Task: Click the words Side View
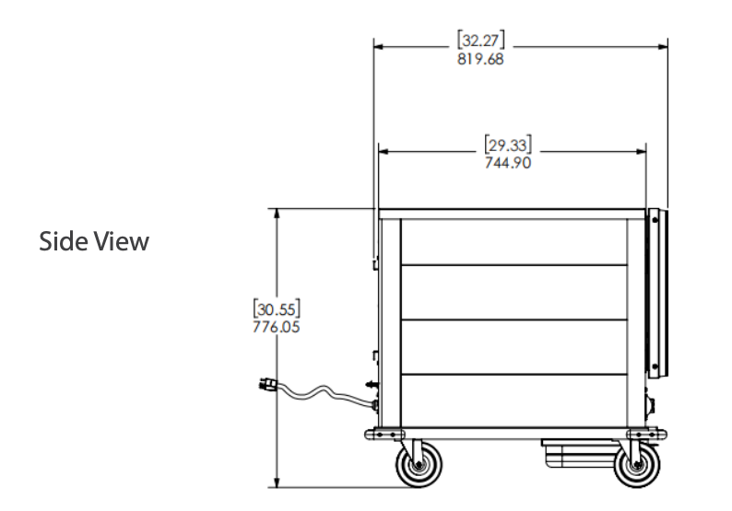click(93, 241)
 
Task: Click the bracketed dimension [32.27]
click(480, 41)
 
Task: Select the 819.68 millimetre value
click(480, 59)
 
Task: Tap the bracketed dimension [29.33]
click(508, 145)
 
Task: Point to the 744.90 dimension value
click(508, 163)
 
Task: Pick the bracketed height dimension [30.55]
click(277, 308)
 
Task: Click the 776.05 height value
click(277, 326)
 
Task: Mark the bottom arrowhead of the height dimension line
click(277, 482)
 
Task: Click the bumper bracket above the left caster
click(384, 434)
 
